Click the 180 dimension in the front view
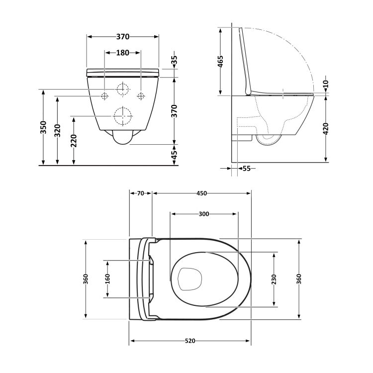[123, 53]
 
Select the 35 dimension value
[174, 60]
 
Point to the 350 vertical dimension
[44, 127]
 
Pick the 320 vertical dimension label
[59, 130]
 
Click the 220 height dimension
[74, 141]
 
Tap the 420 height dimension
[326, 129]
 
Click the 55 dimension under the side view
[246, 169]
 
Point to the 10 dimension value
[326, 85]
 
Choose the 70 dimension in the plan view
[140, 193]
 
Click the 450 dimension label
[201, 193]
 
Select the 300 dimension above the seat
[203, 214]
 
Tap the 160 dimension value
[107, 279]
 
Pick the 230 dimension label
[274, 279]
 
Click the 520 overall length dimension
[190, 341]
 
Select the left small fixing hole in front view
[105, 95]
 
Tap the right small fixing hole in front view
[141, 95]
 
